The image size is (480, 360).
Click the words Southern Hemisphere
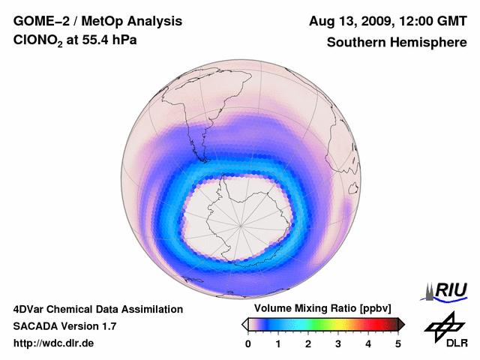(397, 43)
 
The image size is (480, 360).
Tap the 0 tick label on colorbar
(248, 343)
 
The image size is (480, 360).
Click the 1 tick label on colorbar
(278, 343)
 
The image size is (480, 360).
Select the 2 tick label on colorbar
(308, 343)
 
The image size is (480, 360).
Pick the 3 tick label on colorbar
(338, 343)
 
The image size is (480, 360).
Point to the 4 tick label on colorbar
(368, 343)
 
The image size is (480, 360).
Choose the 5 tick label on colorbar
(398, 343)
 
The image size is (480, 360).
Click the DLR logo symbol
(442, 325)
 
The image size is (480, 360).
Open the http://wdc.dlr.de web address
(54, 343)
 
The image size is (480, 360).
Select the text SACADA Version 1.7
(64, 326)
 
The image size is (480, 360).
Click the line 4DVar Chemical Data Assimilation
(97, 309)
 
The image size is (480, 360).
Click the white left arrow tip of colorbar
(244, 324)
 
